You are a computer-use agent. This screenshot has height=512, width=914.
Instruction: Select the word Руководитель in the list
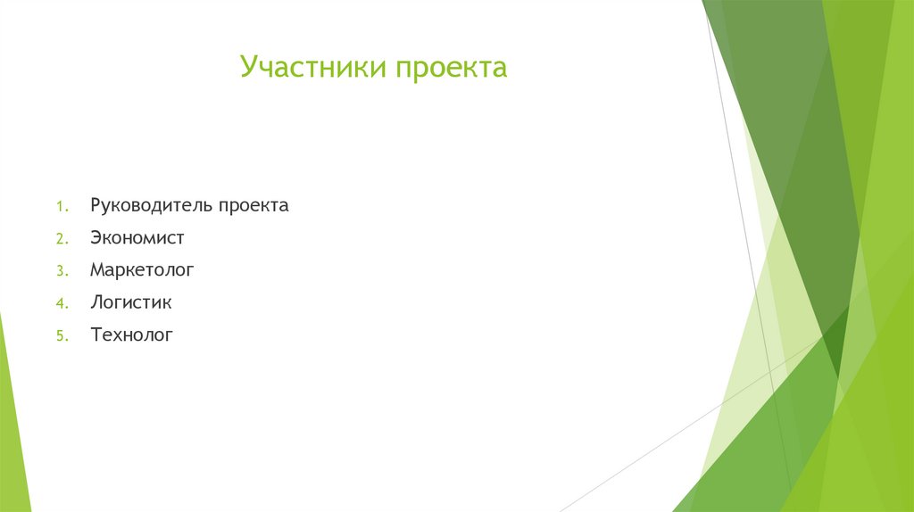point(149,205)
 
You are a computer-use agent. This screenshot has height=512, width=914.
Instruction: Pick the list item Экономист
point(137,238)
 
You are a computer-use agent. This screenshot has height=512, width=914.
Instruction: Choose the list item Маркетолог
point(141,269)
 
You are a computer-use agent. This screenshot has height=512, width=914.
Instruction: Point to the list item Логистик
point(130,302)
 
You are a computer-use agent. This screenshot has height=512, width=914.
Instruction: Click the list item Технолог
point(131,335)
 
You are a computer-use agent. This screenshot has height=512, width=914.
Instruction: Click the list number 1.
point(60,207)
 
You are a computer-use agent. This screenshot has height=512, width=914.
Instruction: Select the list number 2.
point(60,239)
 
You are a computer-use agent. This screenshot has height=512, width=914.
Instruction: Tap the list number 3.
point(60,271)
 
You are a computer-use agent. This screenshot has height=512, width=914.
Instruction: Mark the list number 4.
point(60,304)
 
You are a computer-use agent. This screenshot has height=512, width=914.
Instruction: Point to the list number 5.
point(60,336)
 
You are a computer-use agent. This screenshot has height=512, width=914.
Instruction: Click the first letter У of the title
point(249,68)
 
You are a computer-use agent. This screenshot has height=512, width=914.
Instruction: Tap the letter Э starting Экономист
point(96,238)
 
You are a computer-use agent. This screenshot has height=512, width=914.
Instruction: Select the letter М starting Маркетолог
point(96,269)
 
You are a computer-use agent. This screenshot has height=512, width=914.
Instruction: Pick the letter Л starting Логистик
point(96,302)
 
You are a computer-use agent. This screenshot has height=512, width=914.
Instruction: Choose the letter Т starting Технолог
point(96,335)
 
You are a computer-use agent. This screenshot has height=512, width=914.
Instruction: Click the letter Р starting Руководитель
point(95,205)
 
